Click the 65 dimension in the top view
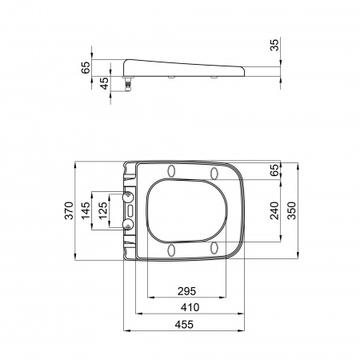click(274, 170)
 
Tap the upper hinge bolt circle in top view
click(128, 194)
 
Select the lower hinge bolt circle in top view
click(128, 227)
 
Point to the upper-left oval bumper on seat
click(172, 170)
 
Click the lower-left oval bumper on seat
click(172, 251)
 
